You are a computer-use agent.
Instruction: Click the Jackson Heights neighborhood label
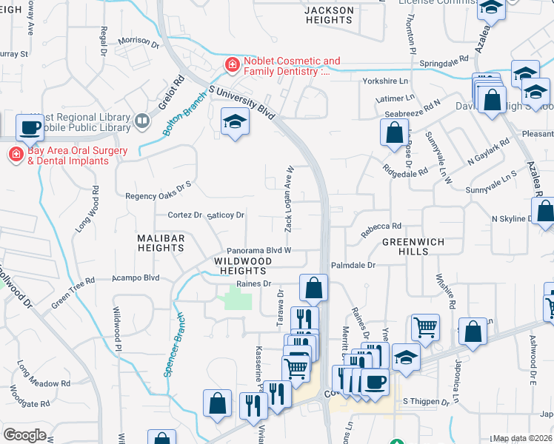329,15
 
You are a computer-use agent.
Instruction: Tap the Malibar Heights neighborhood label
160,243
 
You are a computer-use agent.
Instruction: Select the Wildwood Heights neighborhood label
244,266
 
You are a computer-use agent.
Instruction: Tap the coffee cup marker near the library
30,127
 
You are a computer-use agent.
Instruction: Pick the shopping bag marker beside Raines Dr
314,288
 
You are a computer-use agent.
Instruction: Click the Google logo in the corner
24,435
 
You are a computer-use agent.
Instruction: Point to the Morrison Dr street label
138,41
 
